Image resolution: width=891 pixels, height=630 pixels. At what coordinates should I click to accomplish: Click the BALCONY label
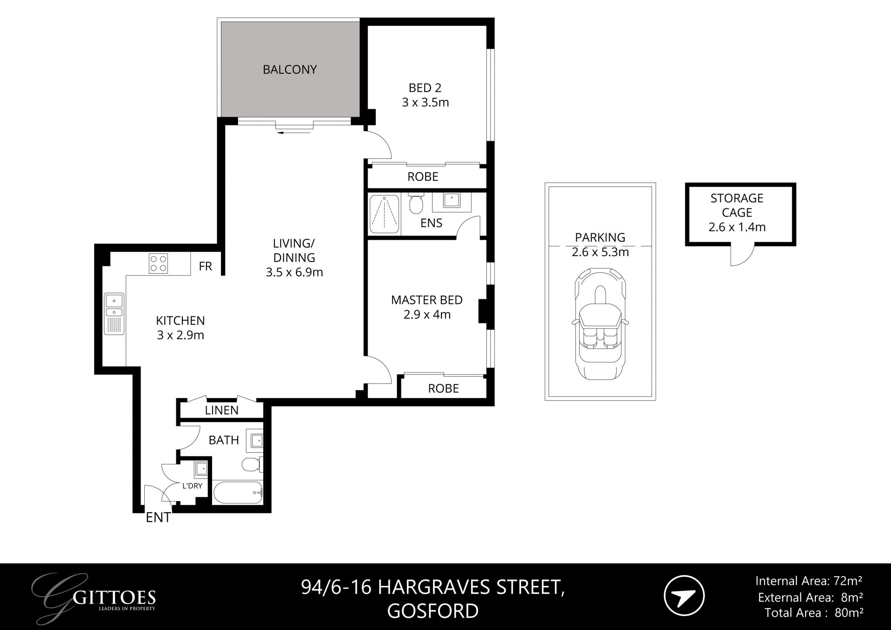[x=290, y=70]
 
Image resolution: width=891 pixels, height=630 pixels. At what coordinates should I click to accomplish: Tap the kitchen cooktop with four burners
[x=158, y=264]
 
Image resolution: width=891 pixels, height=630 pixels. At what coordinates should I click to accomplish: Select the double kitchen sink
[x=114, y=306]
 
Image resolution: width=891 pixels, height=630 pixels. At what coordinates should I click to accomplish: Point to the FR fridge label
[x=205, y=266]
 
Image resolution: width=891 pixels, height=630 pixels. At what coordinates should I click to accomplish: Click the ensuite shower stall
[x=384, y=214]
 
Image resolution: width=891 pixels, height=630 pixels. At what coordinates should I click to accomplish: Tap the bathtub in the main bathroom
[x=238, y=492]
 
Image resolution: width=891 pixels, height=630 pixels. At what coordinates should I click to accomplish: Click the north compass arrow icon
[x=684, y=596]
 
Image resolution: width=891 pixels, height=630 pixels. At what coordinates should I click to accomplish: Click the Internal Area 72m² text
[x=808, y=581]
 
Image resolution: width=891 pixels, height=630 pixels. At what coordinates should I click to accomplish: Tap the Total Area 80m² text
[x=814, y=613]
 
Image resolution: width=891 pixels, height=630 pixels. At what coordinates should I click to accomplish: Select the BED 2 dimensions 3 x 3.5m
[x=425, y=103]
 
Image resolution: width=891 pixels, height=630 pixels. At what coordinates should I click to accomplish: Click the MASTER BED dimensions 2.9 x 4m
[x=426, y=315]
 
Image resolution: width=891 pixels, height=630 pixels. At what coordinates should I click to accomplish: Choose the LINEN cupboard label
[x=221, y=410]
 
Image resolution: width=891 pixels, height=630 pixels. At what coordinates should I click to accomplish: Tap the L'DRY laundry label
[x=192, y=486]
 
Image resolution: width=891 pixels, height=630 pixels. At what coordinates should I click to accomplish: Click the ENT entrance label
[x=158, y=518]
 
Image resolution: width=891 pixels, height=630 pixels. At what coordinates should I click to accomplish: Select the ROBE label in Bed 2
[x=423, y=177]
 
